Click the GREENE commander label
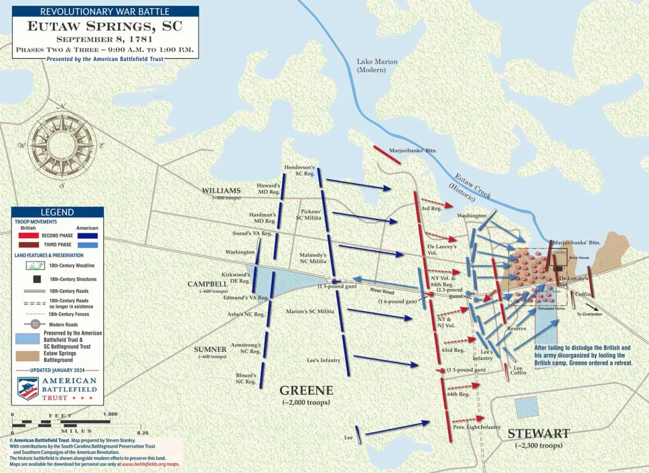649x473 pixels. click(x=306, y=390)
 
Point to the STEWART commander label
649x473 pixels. click(x=538, y=434)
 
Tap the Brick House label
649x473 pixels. click(x=579, y=258)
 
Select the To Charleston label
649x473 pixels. click(x=589, y=314)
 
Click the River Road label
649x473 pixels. click(x=382, y=292)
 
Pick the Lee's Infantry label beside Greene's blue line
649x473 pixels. click(x=323, y=361)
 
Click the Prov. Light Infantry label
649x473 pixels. click(x=476, y=427)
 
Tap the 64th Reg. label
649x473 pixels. click(x=458, y=394)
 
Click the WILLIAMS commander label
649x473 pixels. click(x=221, y=191)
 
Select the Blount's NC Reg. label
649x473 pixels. click(x=246, y=378)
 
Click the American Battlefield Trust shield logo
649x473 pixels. click(x=28, y=388)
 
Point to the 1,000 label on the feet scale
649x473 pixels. click(x=110, y=415)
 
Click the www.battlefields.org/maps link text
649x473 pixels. click(x=151, y=464)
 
